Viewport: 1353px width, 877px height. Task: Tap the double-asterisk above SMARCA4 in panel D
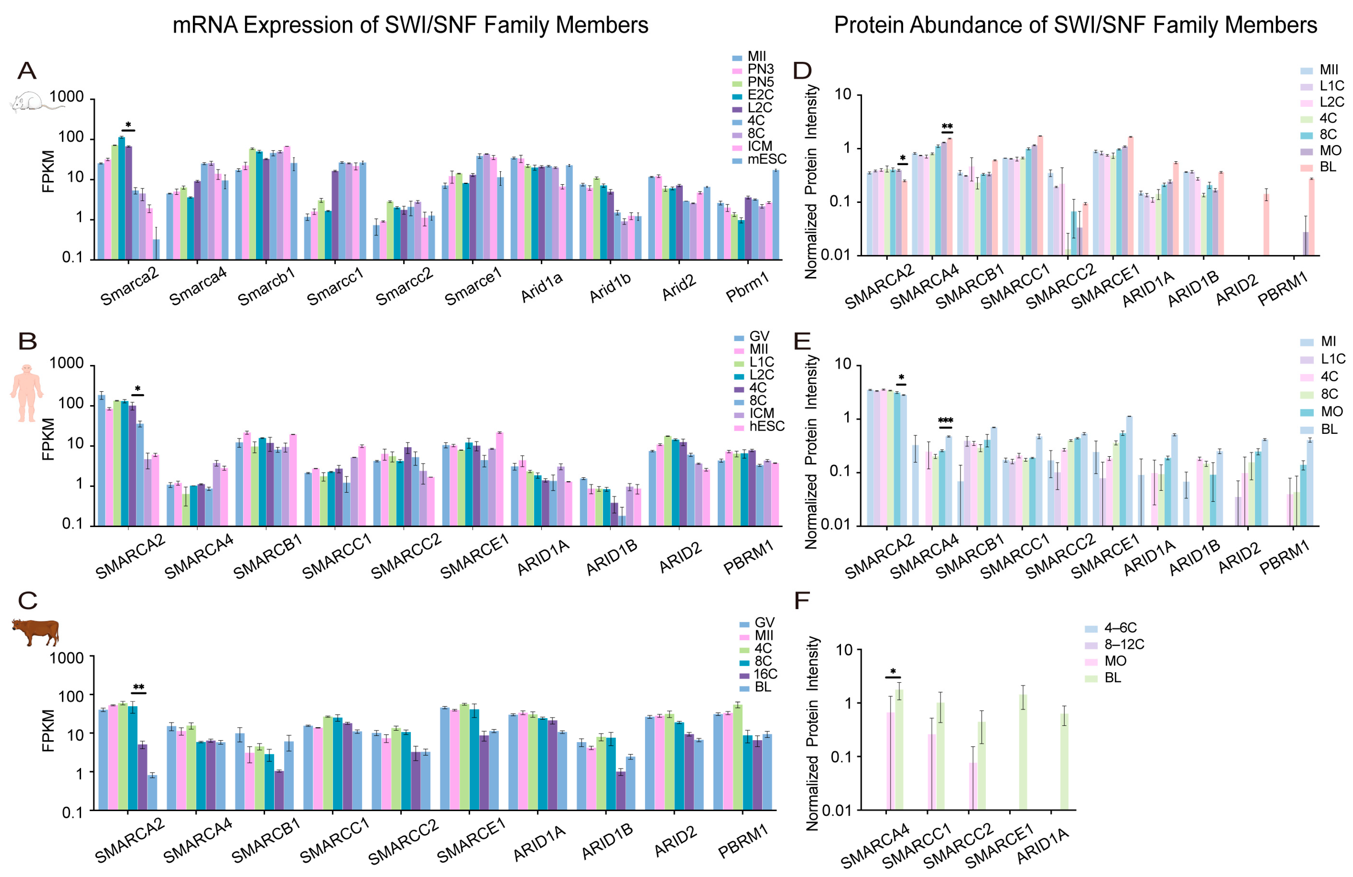click(947, 127)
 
